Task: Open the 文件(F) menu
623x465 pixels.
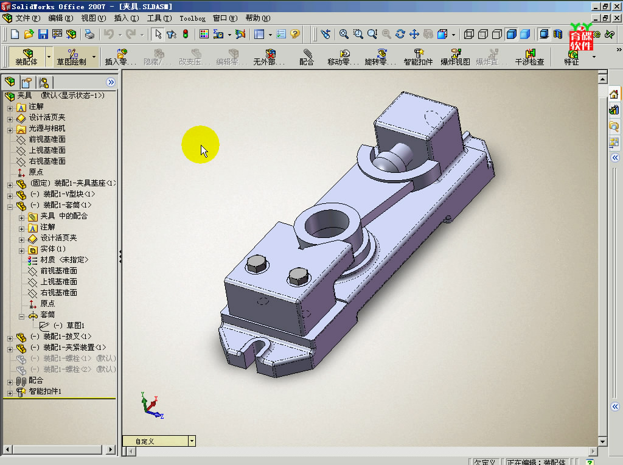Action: tap(28, 18)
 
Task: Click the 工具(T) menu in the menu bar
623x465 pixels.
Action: tap(159, 18)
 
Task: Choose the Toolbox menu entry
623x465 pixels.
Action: tap(192, 18)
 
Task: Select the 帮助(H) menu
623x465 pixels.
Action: tap(257, 18)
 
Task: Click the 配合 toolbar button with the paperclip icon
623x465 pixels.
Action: tap(307, 57)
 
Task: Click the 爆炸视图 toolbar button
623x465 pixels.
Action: tap(455, 57)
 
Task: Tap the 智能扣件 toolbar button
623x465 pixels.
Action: tap(418, 57)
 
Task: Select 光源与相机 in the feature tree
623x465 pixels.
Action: tap(47, 128)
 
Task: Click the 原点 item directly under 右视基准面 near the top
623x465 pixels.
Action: tap(36, 172)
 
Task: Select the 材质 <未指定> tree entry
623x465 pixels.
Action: tap(64, 260)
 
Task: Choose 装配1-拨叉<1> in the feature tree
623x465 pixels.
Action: tap(61, 337)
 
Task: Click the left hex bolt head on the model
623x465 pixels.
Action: tap(256, 265)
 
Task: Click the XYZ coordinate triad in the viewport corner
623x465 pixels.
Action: tap(151, 405)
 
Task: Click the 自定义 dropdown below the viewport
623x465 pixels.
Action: tap(159, 441)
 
